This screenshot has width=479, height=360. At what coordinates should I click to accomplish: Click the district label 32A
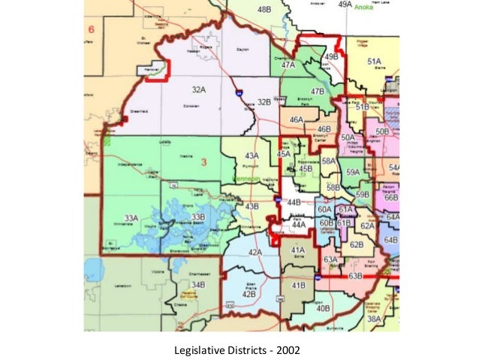[x=198, y=89]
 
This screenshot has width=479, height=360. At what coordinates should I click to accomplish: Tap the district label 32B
[x=263, y=101]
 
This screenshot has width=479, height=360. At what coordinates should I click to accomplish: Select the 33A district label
[x=131, y=218]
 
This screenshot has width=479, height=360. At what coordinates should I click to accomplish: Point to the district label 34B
[x=197, y=286]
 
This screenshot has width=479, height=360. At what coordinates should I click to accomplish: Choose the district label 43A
[x=252, y=155]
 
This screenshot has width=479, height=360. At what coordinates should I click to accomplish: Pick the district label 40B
[x=324, y=308]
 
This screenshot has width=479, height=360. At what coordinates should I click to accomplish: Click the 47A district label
[x=288, y=65]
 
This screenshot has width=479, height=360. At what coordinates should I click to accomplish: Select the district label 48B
[x=264, y=10]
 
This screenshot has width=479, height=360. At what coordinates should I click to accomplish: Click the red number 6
[x=92, y=30]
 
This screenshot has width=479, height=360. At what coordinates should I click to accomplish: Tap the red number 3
[x=203, y=162]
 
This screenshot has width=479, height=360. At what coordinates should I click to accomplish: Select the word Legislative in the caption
[x=197, y=349]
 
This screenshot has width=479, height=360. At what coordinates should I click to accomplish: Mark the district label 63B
[x=355, y=277]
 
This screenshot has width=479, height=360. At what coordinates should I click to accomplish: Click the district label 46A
[x=297, y=119]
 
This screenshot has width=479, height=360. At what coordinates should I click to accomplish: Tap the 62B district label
[x=357, y=245]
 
